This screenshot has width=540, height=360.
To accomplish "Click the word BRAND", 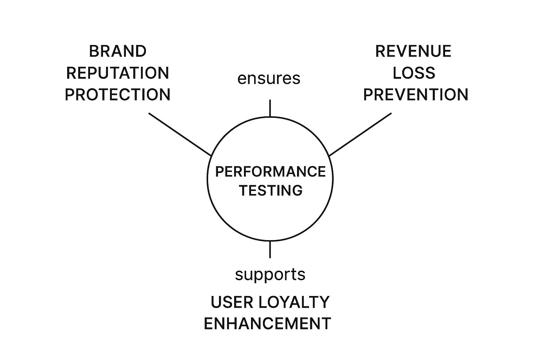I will (117, 51).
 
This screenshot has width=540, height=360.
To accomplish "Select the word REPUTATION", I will (117, 73).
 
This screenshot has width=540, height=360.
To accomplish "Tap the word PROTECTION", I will (117, 95).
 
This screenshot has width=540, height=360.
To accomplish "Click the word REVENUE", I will (413, 51).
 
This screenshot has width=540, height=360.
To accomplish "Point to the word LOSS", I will (414, 73).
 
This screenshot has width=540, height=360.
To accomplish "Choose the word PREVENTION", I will (416, 95).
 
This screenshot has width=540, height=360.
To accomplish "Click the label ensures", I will (269, 78).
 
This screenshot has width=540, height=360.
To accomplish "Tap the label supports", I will (270, 274).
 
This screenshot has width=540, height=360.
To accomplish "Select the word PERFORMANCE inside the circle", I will (270, 172).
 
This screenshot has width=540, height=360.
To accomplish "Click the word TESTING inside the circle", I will (271, 191).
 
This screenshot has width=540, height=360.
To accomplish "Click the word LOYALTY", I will (294, 302).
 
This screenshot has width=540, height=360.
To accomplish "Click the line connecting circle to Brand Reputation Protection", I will (179, 134).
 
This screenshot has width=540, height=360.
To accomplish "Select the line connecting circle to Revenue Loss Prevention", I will (360, 134).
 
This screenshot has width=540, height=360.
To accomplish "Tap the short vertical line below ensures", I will (270, 108).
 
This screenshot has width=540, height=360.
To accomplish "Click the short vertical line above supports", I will (270, 249).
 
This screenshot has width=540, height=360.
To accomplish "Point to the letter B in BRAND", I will (93, 51).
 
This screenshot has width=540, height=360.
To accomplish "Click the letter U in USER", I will (216, 302).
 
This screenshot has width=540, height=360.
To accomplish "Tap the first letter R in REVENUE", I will (380, 51).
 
